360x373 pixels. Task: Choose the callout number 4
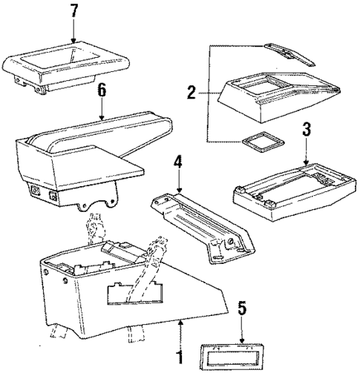[x=178, y=162]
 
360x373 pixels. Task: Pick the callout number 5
[x=240, y=306]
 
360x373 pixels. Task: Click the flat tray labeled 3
[x=282, y=188]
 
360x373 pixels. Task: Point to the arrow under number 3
[x=305, y=154]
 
